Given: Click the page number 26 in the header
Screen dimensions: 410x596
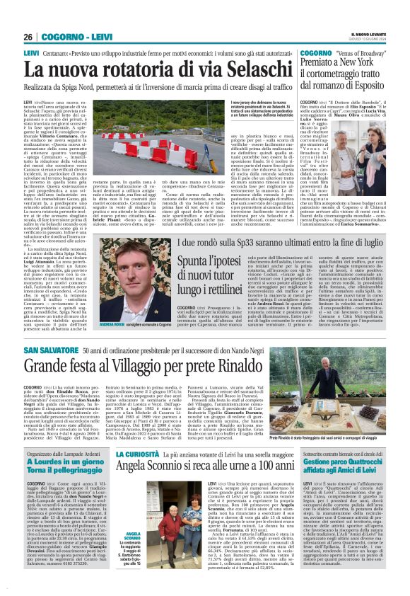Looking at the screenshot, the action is tap(30, 36).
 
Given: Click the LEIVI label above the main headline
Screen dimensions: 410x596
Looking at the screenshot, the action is tap(31, 53).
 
